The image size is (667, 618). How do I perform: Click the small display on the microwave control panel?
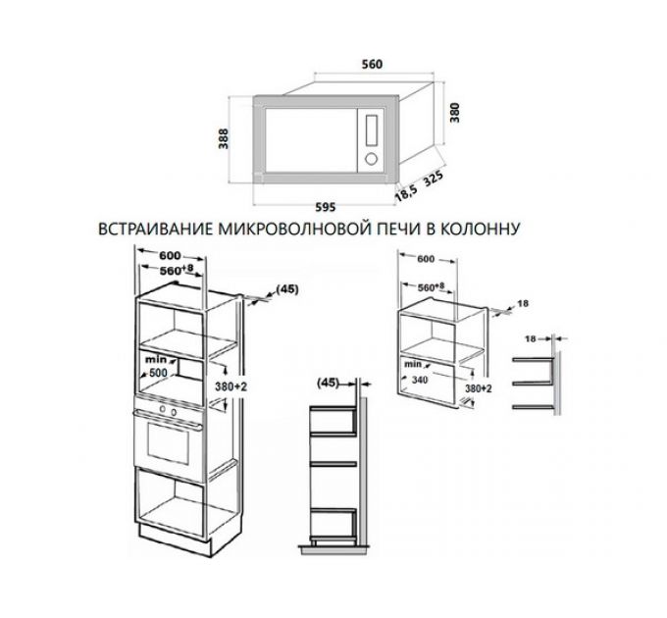372,128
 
